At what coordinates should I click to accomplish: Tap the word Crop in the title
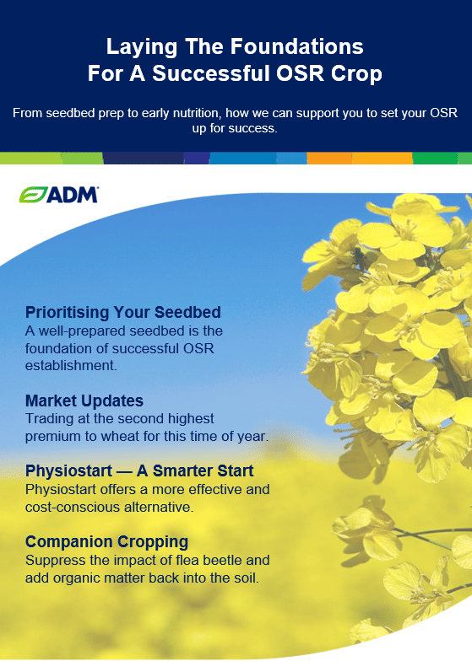click(x=356, y=73)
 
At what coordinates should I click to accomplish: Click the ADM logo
click(x=59, y=195)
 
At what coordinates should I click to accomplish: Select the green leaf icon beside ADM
click(x=33, y=195)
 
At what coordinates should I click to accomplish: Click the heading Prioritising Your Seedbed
click(x=123, y=312)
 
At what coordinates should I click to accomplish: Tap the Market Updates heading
click(x=84, y=401)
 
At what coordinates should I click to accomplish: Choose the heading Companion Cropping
click(x=107, y=541)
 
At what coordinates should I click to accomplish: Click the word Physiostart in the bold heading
click(x=68, y=471)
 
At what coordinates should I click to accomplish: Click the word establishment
click(x=71, y=366)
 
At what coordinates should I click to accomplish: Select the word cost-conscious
click(x=73, y=507)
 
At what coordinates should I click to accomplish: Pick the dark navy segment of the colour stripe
click(x=144, y=159)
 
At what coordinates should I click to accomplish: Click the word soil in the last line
click(x=247, y=578)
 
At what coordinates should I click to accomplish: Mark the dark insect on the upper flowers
click(x=359, y=257)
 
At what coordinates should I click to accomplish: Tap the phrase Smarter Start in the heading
click(x=203, y=471)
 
